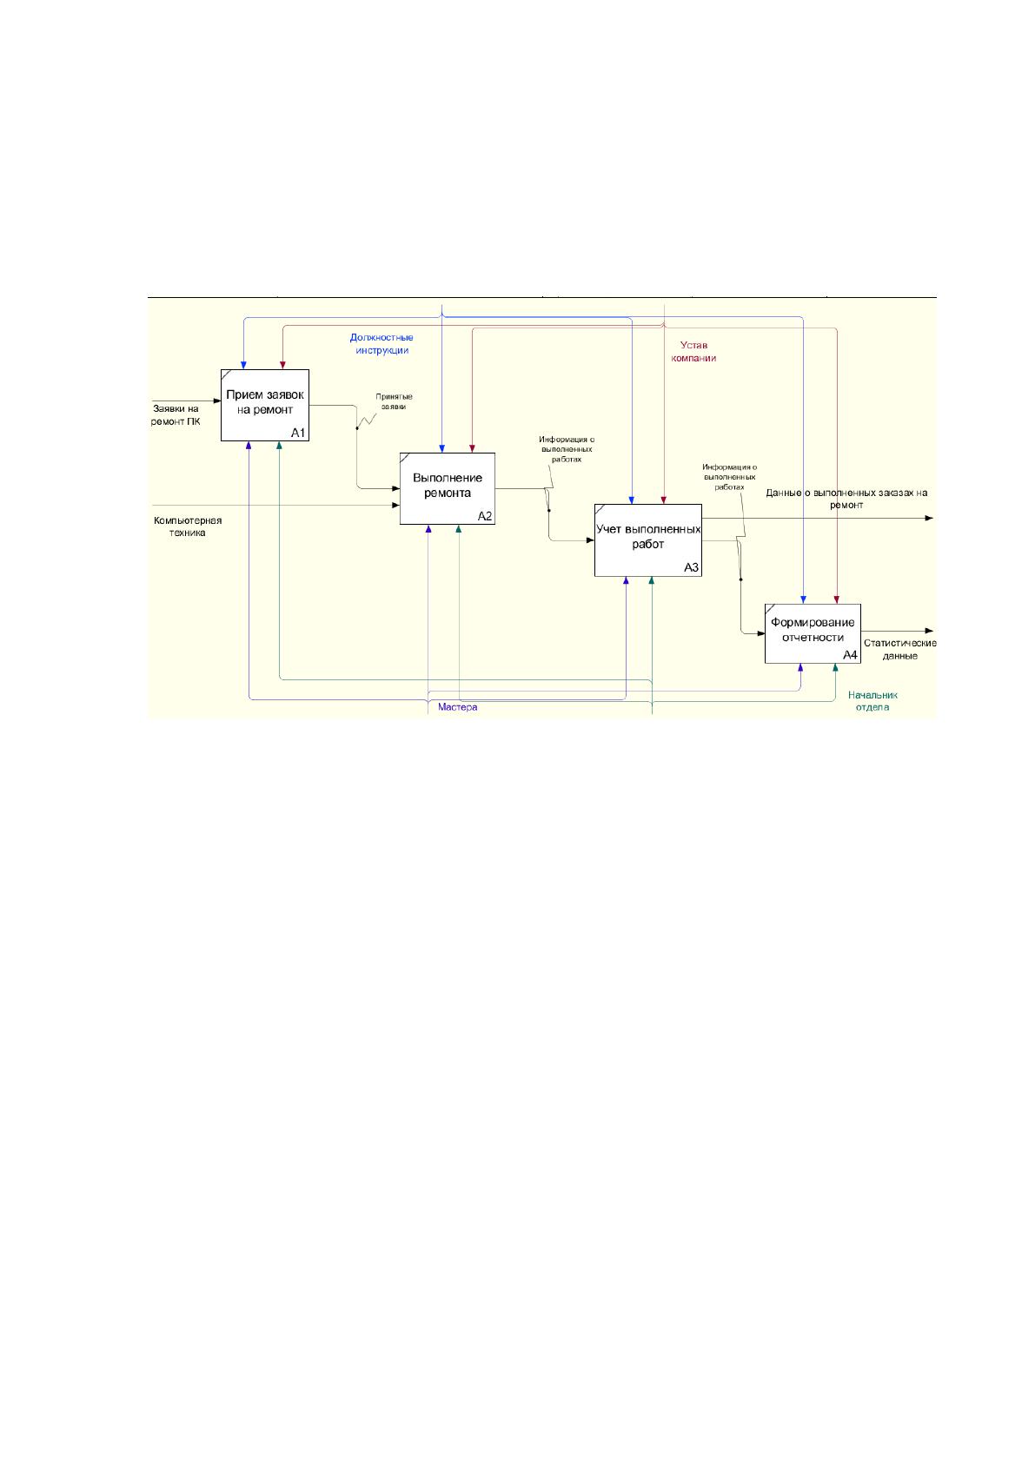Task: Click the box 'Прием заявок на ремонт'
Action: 265,405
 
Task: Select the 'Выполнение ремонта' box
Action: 447,488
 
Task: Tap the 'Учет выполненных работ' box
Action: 647,540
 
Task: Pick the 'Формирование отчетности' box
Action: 813,633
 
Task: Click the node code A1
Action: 298,433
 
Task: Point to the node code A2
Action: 484,517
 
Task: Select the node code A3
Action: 692,567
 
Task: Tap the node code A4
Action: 849,655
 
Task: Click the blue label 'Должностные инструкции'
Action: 381,344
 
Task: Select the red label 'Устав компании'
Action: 693,351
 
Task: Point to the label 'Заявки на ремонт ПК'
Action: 176,414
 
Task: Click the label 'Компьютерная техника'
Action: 188,526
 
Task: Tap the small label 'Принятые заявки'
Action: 394,401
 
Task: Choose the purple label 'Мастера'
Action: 457,707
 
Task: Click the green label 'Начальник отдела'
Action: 872,701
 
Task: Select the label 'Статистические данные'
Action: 899,649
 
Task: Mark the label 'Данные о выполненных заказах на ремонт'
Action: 846,499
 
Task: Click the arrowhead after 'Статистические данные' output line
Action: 929,631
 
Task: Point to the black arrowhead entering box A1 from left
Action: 217,401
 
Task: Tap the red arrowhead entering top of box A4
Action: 837,599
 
